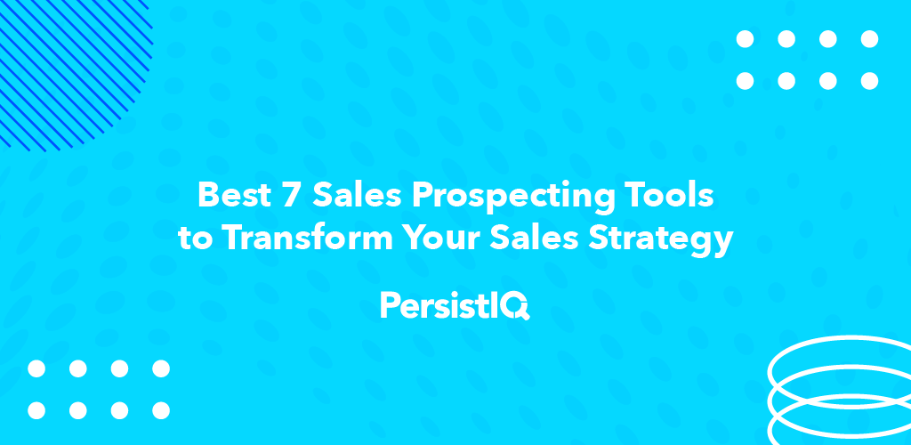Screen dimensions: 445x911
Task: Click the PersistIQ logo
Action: (455, 305)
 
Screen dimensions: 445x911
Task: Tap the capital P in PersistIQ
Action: (388, 305)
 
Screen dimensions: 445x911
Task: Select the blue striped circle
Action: (62, 62)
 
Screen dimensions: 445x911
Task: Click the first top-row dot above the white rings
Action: (745, 39)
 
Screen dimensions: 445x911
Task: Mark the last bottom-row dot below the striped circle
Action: (160, 410)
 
